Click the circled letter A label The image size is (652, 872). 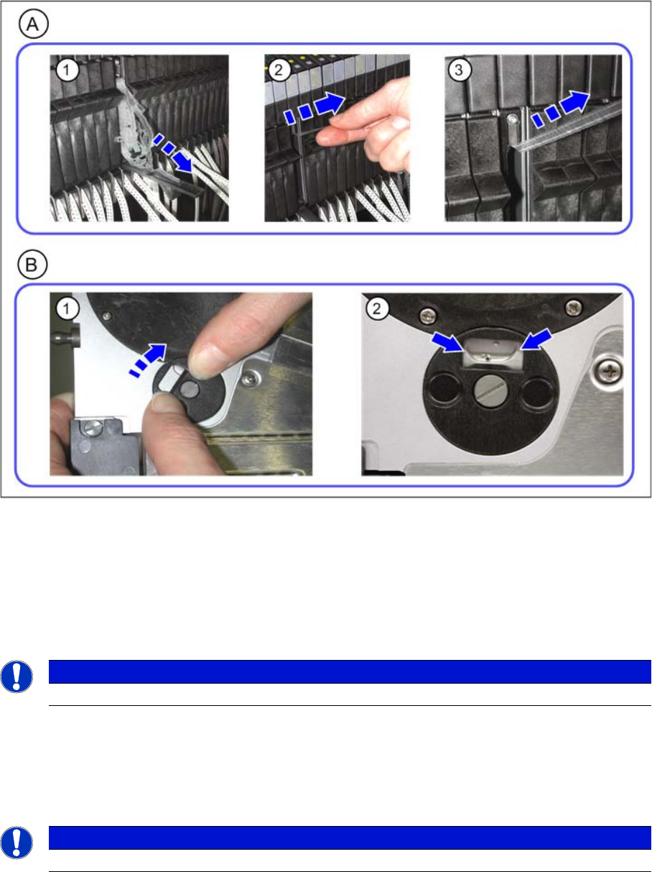[x=33, y=24]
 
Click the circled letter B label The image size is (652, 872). [x=32, y=265]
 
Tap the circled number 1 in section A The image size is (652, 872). [x=67, y=70]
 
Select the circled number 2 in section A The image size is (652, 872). [x=279, y=70]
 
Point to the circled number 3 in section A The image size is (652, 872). [x=459, y=70]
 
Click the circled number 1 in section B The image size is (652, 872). [x=67, y=308]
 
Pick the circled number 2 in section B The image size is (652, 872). [x=377, y=308]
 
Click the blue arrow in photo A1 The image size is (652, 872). [x=174, y=153]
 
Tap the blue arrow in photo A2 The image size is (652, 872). [x=314, y=107]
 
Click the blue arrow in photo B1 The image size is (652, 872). [x=148, y=360]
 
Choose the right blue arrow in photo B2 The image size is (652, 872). [x=536, y=339]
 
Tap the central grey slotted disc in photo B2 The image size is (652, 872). [x=490, y=391]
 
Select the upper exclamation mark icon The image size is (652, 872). [x=17, y=677]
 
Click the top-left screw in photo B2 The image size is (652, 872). [x=428, y=316]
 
